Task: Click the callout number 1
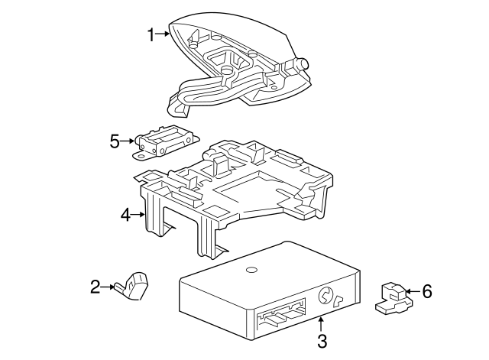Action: tap(151, 34)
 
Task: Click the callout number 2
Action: tap(96, 287)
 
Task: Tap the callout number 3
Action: tap(322, 342)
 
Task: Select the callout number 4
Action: tap(126, 215)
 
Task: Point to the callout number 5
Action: tap(115, 141)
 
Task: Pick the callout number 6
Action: tap(427, 290)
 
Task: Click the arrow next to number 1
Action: tap(164, 34)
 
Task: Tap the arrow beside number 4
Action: tap(140, 215)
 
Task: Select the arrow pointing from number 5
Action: tap(128, 141)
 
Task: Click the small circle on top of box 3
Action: tap(251, 271)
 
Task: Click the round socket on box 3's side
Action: tap(324, 293)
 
